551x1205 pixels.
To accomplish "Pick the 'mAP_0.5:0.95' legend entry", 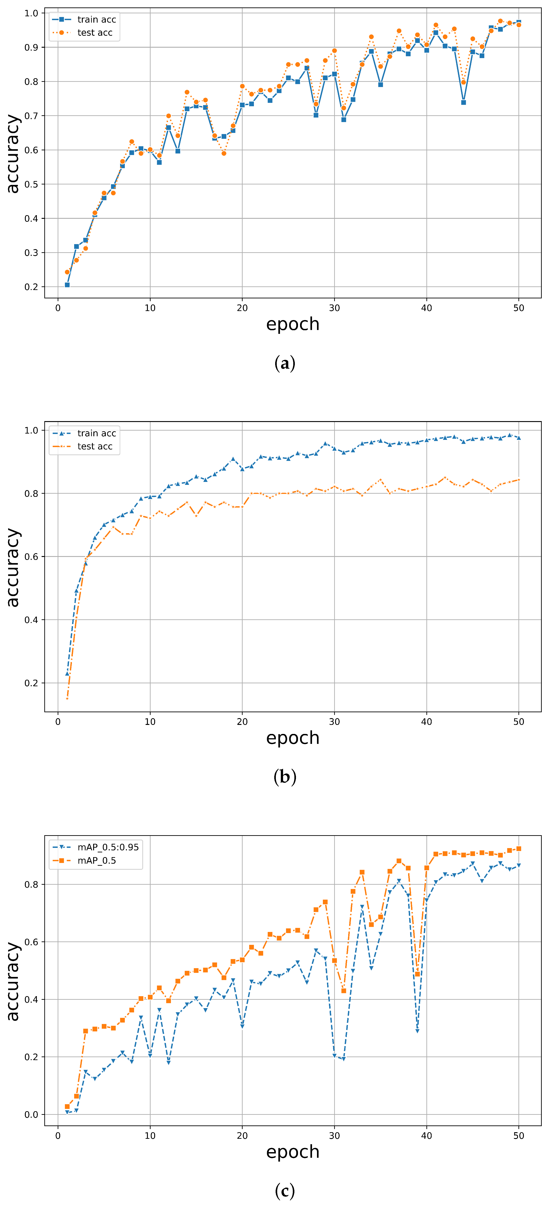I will pyautogui.click(x=108, y=847).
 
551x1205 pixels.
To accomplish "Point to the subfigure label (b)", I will pyautogui.click(x=284, y=777).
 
